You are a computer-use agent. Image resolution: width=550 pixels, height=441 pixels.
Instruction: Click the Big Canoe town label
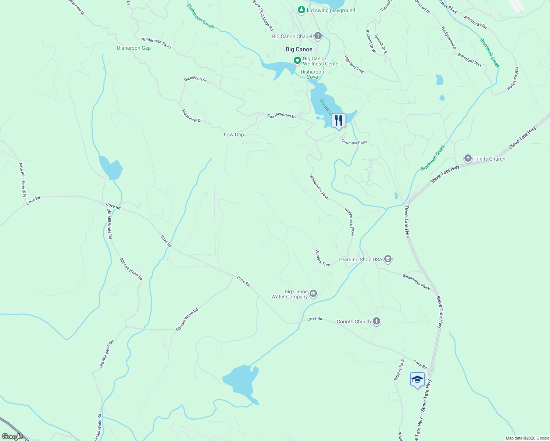click(299, 49)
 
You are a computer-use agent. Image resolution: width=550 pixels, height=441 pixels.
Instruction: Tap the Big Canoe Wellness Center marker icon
click(297, 60)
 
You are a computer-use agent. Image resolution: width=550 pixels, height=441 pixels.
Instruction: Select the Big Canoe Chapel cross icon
click(318, 36)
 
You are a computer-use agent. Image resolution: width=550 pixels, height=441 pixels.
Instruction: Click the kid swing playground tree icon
click(301, 10)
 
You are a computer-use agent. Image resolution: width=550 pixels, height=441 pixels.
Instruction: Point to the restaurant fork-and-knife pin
click(338, 121)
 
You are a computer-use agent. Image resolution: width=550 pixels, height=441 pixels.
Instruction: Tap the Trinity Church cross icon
click(468, 158)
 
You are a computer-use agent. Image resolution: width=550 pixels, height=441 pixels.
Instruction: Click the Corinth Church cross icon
click(376, 321)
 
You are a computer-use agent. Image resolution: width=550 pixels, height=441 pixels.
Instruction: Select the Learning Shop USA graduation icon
click(387, 259)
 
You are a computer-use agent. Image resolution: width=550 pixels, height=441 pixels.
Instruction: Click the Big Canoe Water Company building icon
click(313, 293)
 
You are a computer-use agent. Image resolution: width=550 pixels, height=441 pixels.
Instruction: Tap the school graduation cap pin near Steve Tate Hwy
click(417, 380)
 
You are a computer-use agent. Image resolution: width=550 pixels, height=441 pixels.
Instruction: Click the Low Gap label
click(234, 135)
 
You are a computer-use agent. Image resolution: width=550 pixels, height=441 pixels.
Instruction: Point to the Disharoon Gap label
click(134, 48)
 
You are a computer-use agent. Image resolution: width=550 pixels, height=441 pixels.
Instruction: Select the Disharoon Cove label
click(312, 74)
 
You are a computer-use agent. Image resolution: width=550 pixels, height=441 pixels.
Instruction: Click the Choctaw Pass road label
click(354, 142)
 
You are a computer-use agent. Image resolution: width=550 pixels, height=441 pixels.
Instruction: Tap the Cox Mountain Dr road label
click(282, 116)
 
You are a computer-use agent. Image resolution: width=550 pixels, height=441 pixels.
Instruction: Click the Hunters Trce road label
click(322, 258)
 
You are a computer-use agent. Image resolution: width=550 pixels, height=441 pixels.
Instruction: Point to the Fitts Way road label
click(24, 189)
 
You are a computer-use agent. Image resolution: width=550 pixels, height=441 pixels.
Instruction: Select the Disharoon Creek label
click(200, 17)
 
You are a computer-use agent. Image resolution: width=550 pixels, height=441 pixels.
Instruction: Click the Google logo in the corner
click(12, 436)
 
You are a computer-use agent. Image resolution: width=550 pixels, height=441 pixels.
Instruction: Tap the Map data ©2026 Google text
click(526, 438)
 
